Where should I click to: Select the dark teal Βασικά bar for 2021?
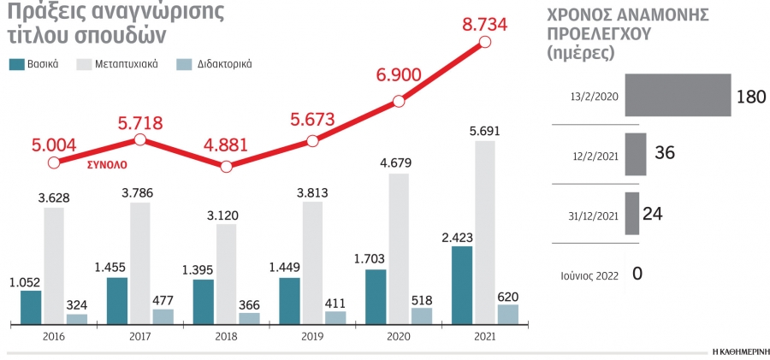[x=462, y=286]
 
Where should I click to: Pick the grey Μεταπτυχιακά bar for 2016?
[x=54, y=266]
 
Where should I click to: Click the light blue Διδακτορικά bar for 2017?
[x=163, y=316]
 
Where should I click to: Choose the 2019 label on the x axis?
[x=312, y=338]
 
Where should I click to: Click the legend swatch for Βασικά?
[x=17, y=64]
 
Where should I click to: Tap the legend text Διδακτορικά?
[x=224, y=64]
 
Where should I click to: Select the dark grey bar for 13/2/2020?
[x=678, y=95]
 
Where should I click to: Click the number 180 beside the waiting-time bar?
[x=751, y=97]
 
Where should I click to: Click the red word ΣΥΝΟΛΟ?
[x=108, y=165]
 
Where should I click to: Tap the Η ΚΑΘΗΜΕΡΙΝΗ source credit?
[x=738, y=352]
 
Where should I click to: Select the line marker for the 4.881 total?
[x=226, y=167]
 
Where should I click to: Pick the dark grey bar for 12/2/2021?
[x=636, y=154]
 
